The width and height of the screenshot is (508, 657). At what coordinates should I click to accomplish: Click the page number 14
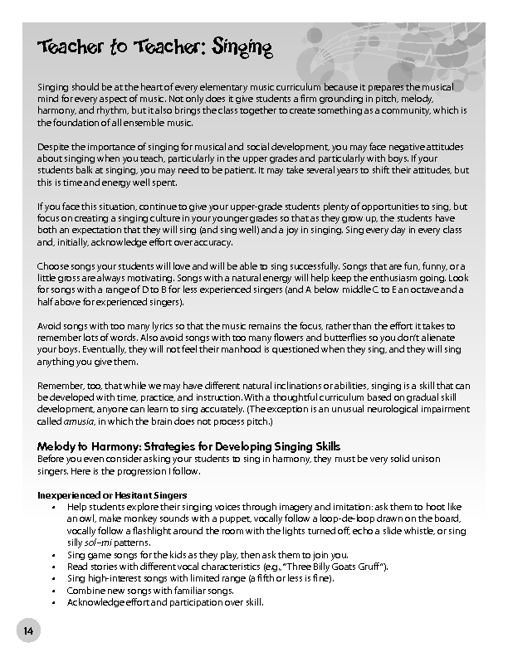[x=28, y=632]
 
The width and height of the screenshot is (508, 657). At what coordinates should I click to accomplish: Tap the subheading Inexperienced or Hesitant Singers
[x=112, y=495]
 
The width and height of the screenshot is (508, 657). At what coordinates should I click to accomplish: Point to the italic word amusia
[x=78, y=421]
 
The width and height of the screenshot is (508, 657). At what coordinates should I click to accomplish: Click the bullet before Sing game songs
[x=54, y=554]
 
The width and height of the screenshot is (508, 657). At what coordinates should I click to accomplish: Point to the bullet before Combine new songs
[x=54, y=590]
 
